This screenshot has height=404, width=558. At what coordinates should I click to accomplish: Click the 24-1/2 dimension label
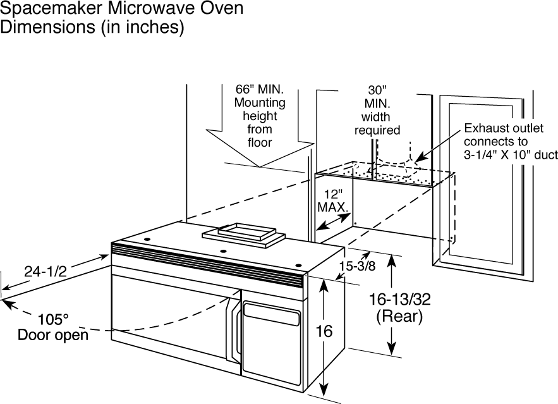point(45,272)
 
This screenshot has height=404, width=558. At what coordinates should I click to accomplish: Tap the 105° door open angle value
point(53,319)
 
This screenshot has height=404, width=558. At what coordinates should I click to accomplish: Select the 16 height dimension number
point(324,331)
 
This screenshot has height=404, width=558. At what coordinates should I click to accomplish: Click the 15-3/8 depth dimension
point(357,266)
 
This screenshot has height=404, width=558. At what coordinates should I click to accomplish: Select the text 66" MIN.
point(260,89)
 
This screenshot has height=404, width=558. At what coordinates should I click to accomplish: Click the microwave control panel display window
point(272,314)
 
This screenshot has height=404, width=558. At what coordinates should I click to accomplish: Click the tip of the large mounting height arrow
point(260,167)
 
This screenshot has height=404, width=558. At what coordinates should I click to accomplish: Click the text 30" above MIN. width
point(377,89)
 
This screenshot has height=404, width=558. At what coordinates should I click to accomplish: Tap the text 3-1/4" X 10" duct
point(511,155)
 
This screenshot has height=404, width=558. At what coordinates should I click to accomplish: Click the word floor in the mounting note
point(260,142)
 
